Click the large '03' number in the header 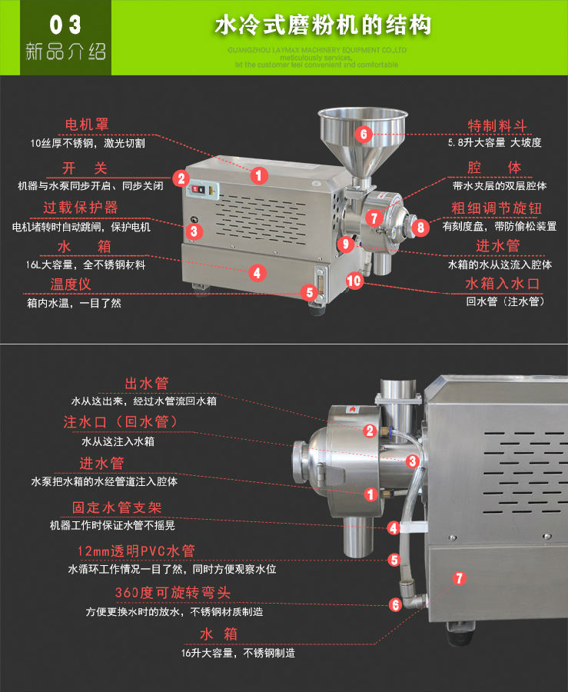click(x=65, y=25)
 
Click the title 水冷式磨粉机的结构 click(x=322, y=26)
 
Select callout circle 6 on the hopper click(x=364, y=133)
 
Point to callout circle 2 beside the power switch click(x=181, y=178)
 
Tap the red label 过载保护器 click(x=81, y=208)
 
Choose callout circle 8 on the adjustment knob click(x=420, y=227)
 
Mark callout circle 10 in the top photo click(x=354, y=281)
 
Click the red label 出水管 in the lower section click(x=146, y=383)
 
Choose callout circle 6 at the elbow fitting click(x=395, y=604)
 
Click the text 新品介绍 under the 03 click(x=65, y=53)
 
